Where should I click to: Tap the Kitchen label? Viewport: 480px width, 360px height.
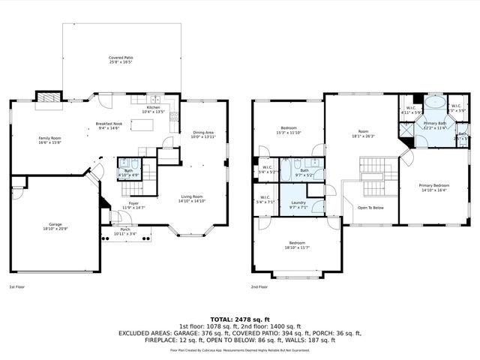(x=153, y=107)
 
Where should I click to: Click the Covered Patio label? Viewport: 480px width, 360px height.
(x=121, y=57)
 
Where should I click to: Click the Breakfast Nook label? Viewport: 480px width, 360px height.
(x=109, y=124)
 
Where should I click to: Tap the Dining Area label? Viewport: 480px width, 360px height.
(x=202, y=132)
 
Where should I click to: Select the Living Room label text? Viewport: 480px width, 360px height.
(x=192, y=196)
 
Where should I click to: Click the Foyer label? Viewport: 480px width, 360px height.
(x=133, y=202)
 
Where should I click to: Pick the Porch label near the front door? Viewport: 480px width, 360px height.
(x=124, y=230)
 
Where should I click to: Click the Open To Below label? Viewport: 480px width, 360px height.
(x=370, y=208)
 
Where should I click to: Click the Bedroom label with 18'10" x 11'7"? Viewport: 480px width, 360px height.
(x=297, y=243)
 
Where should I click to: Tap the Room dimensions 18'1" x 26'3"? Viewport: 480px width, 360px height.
(x=362, y=136)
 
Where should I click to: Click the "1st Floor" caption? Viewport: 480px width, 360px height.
(x=18, y=287)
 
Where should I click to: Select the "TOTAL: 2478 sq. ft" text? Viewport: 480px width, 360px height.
(x=239, y=319)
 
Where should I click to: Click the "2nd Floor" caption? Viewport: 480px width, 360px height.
(x=260, y=287)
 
